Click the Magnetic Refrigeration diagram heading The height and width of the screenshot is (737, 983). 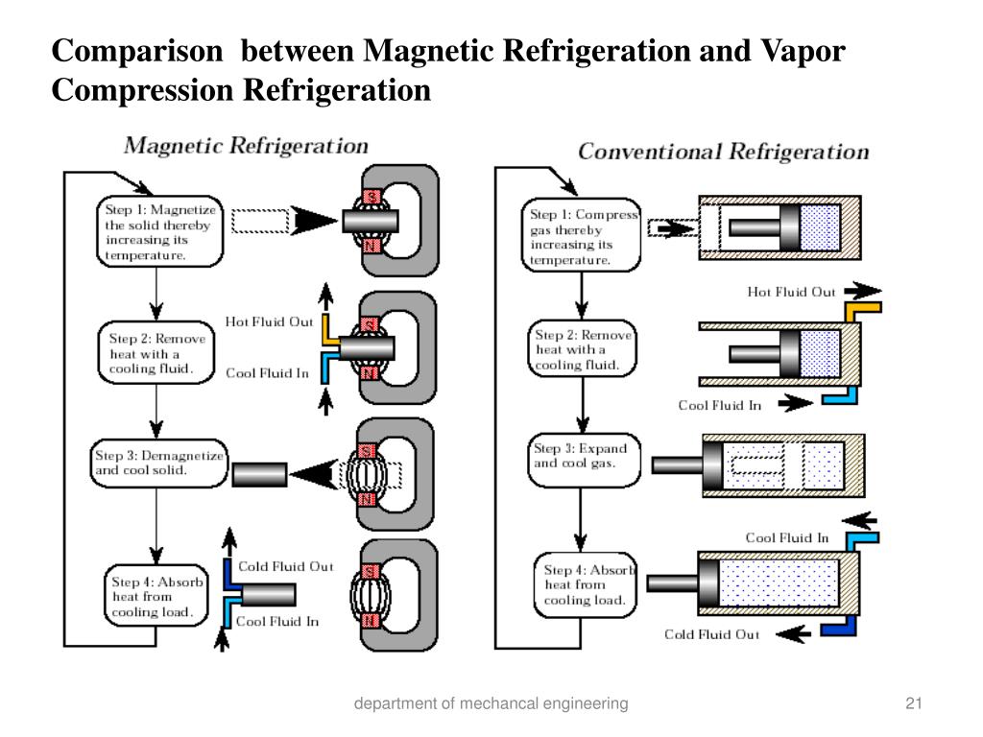247,146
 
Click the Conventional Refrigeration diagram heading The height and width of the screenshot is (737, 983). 723,152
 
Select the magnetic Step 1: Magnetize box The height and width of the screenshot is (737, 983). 159,231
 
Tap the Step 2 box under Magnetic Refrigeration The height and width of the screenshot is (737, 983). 156,353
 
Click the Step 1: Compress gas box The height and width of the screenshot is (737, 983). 583,237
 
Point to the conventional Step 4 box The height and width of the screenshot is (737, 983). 585,584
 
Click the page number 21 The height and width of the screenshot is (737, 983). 913,704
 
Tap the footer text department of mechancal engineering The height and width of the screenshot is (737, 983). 491,704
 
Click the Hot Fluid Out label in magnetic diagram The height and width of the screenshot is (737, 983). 269,322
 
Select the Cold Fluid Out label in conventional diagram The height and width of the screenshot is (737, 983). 711,634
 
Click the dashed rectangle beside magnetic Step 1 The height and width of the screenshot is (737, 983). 260,221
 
